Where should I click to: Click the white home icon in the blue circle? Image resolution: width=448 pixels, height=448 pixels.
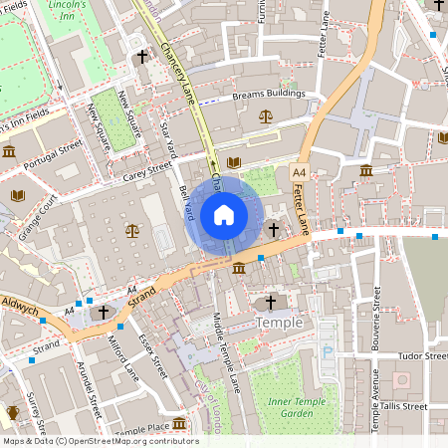pos(224,215)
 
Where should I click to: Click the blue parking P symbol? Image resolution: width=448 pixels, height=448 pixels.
pos(328,350)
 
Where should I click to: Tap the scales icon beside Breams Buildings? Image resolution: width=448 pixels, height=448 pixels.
pos(265,115)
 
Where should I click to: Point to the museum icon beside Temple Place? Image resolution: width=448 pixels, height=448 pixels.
pos(179,424)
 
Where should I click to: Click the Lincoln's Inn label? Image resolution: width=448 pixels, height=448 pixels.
pos(68,12)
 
